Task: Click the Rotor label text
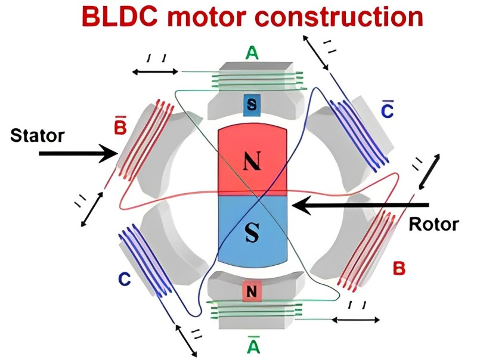433,224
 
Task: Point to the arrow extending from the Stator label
78,154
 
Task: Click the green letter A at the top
253,54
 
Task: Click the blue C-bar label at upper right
386,108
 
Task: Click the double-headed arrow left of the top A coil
155,72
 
